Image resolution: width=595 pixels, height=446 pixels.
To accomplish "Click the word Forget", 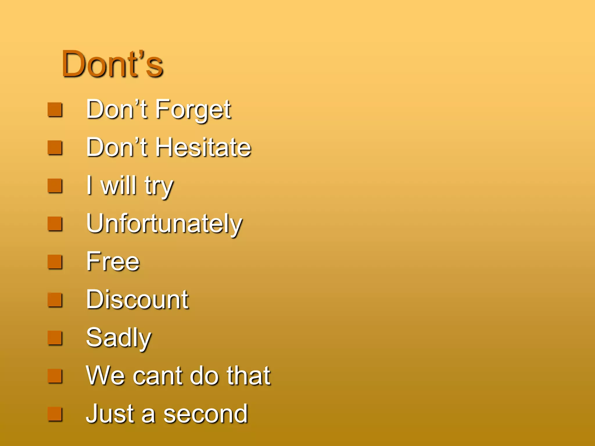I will click(193, 110).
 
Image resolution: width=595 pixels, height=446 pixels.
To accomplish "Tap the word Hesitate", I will click(203, 148).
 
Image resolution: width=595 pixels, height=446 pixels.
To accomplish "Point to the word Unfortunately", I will click(164, 224).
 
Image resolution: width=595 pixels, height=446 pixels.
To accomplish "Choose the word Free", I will click(113, 261).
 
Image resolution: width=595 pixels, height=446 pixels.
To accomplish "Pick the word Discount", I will click(137, 300).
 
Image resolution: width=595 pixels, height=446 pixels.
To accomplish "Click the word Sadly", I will click(119, 338).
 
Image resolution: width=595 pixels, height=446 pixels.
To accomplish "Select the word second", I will click(205, 414).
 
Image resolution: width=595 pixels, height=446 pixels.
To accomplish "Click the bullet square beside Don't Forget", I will click(55, 110).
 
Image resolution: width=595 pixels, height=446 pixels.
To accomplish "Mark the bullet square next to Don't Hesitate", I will click(55, 148).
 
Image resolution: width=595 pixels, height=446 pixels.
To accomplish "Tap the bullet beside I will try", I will click(55, 186).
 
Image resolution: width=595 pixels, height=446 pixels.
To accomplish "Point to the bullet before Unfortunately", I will click(55, 224).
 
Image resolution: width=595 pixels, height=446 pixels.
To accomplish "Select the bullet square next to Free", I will click(55, 262).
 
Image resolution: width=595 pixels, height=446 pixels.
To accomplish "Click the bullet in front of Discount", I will click(55, 300).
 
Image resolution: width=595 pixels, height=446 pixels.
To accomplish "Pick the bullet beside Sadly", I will click(55, 338).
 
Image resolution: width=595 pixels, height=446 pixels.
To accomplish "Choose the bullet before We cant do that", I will click(55, 376).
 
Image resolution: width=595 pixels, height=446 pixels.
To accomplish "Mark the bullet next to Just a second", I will click(55, 414).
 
